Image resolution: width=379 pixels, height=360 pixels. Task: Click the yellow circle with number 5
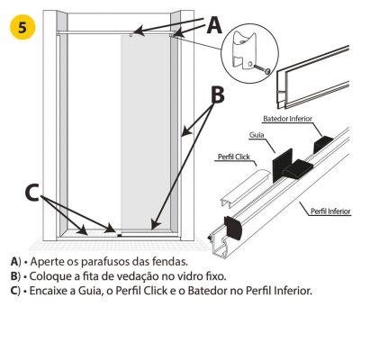tap(23, 27)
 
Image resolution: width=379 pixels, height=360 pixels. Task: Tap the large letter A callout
tap(214, 25)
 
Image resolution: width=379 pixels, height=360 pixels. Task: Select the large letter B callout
tap(218, 94)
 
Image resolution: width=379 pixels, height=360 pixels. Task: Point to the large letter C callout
tap(32, 193)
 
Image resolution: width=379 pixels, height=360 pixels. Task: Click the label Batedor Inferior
tap(287, 119)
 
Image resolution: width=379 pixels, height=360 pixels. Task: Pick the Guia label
tap(257, 135)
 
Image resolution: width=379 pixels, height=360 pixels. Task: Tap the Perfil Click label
tap(234, 157)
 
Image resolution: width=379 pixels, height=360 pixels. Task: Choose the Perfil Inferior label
tap(330, 211)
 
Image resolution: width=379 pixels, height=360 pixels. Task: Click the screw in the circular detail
tap(262, 69)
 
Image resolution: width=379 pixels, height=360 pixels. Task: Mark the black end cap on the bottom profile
tap(232, 228)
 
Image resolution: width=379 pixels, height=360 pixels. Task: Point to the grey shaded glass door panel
tap(146, 132)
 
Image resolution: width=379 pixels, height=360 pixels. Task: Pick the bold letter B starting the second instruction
tap(14, 276)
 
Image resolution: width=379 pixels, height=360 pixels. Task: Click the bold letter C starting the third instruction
tap(14, 291)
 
